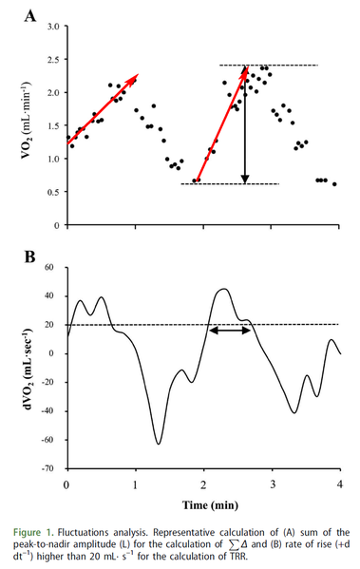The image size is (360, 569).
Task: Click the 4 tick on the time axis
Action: (340, 484)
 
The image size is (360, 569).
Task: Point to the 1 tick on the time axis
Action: (135, 484)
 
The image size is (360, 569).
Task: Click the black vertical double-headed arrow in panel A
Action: (245, 124)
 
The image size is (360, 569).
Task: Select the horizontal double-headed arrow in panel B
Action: (230, 329)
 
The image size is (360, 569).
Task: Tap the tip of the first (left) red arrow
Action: (137, 74)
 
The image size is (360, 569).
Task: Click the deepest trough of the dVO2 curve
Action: (158, 444)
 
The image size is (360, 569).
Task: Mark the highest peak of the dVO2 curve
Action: (223, 289)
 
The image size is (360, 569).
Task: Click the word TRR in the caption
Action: (268, 557)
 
